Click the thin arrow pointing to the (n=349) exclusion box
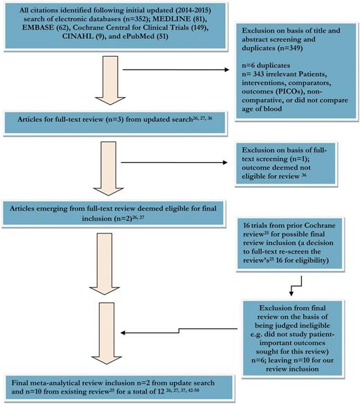[x=187, y=70]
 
